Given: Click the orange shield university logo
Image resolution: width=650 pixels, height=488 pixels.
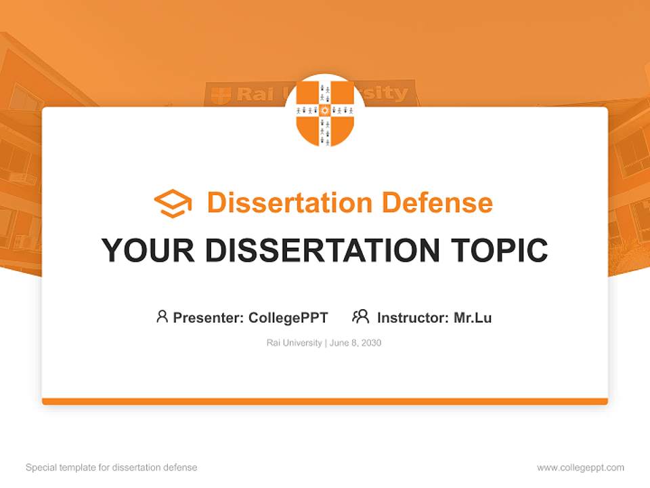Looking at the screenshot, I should point(325,113).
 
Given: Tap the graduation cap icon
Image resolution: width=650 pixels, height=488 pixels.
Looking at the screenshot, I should point(173,203).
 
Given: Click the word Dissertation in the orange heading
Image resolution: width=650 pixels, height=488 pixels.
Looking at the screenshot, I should point(289,203).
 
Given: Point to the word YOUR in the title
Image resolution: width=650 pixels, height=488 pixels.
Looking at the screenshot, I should point(148,251).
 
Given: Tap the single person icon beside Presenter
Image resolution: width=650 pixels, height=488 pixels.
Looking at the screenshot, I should point(162,317).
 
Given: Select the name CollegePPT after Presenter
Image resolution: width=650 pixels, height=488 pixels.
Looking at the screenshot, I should point(288,317).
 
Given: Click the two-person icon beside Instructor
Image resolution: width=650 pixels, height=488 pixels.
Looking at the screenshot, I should point(361,317).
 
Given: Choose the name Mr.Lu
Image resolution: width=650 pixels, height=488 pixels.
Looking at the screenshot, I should point(473,317).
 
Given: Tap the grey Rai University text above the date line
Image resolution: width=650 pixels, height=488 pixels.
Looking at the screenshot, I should point(294,343).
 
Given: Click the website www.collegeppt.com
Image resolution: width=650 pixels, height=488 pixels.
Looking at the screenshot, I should point(580,468).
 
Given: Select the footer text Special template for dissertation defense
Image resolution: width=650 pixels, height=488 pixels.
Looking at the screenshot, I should point(111,468).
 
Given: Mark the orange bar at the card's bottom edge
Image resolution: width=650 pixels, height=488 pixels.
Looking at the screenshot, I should point(325,401).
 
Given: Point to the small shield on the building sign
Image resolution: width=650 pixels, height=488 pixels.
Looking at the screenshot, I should point(221,96).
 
